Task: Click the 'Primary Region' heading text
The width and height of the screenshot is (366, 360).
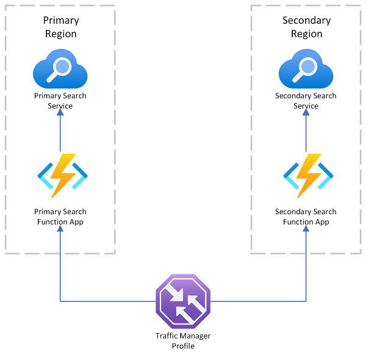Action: click(61, 27)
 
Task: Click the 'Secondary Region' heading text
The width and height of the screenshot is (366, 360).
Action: click(306, 27)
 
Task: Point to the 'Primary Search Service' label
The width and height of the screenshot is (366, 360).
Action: click(60, 101)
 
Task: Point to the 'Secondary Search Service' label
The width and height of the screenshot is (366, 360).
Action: click(306, 101)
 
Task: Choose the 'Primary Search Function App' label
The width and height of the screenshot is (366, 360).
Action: click(60, 217)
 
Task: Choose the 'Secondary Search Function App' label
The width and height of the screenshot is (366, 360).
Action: click(306, 217)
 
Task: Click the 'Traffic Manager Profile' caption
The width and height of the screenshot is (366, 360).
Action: click(182, 341)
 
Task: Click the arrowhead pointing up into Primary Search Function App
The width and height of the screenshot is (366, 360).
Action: click(60, 233)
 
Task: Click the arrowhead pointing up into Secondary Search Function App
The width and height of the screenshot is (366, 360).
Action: click(306, 233)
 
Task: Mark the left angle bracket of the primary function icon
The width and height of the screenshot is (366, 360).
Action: click(44, 176)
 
